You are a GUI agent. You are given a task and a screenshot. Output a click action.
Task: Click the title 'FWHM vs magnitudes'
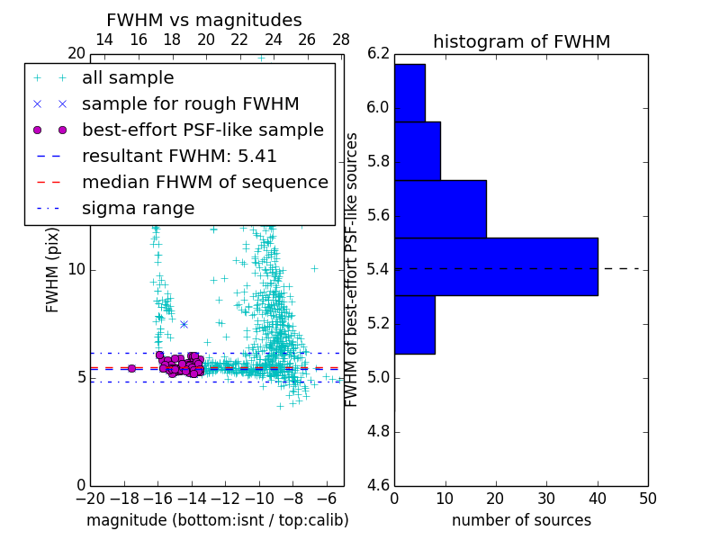(204, 20)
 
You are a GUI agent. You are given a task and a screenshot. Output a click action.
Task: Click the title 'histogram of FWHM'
(522, 41)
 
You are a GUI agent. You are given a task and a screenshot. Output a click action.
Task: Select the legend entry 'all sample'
(128, 78)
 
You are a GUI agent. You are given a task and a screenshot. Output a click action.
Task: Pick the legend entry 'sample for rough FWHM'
(190, 104)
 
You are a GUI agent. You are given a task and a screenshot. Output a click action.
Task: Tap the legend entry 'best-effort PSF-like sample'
(202, 130)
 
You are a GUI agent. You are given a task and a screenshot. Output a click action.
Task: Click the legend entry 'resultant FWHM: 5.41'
(179, 157)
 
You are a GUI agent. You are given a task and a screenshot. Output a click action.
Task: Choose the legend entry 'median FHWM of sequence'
(204, 183)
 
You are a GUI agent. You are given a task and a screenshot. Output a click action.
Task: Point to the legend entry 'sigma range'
(138, 209)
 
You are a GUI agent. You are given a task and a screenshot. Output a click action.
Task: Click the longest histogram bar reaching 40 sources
(496, 266)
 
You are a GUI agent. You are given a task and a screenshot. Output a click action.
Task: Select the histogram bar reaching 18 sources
(440, 209)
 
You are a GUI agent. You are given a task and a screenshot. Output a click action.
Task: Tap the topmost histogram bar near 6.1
(409, 93)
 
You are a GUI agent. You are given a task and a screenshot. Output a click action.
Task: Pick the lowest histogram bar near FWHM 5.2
(414, 324)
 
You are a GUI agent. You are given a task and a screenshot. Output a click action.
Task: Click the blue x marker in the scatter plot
(184, 324)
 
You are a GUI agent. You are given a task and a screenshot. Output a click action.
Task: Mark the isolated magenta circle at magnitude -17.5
(131, 368)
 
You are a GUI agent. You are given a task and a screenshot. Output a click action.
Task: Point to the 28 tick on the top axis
(341, 40)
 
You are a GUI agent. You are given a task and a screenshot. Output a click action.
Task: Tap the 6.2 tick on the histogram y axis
(378, 53)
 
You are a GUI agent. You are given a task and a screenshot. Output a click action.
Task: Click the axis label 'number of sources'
(521, 520)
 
